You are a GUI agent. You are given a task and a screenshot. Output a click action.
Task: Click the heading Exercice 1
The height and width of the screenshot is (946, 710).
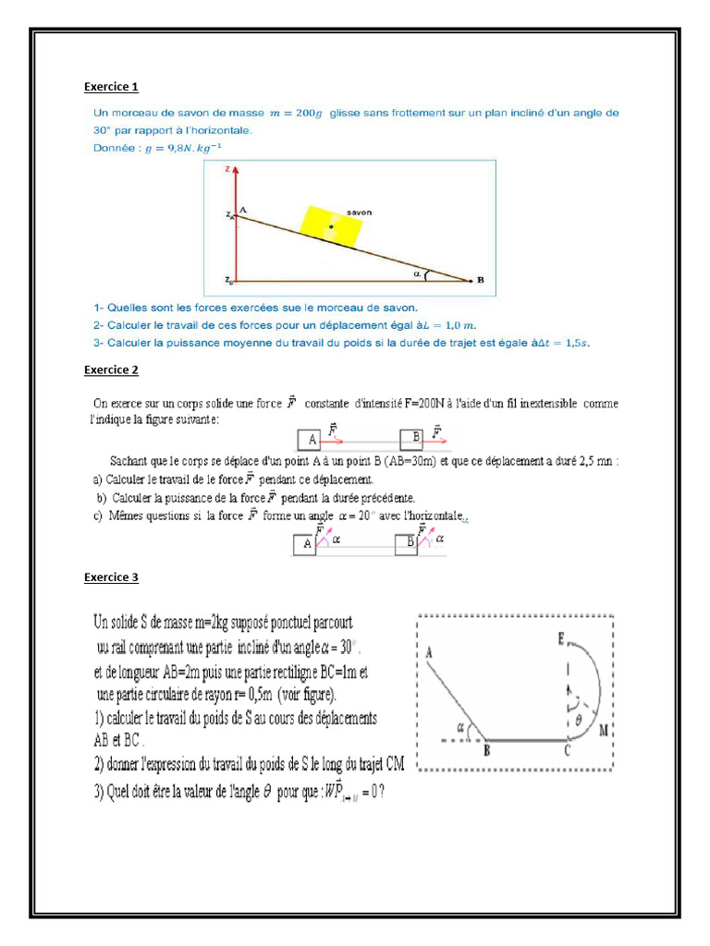click(111, 87)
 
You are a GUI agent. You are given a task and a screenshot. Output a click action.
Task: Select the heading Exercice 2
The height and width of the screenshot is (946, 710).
click(111, 370)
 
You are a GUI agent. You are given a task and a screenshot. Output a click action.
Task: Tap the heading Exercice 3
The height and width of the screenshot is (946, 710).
click(111, 577)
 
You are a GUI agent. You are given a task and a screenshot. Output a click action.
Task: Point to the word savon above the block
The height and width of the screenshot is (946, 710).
click(359, 212)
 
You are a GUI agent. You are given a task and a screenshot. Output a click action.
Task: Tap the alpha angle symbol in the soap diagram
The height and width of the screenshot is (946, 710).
click(417, 273)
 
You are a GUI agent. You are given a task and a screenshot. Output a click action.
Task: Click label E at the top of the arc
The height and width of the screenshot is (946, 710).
click(561, 637)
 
